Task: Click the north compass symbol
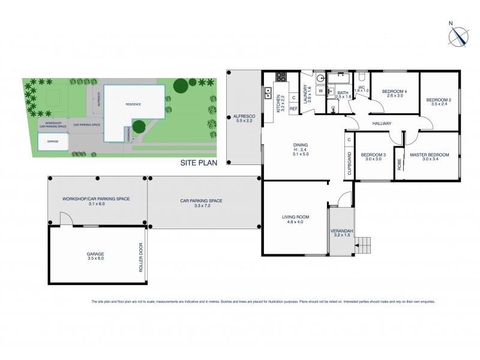click(457, 37)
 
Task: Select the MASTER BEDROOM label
click(431, 155)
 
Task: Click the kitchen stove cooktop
click(280, 77)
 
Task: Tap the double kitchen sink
click(268, 93)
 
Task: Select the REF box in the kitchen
click(293, 109)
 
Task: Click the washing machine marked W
click(320, 91)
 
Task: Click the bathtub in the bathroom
click(341, 78)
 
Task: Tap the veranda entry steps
click(364, 245)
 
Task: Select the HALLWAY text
click(382, 124)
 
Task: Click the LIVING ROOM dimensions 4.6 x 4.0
click(295, 222)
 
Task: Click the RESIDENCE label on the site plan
click(133, 104)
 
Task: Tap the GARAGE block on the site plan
click(53, 142)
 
